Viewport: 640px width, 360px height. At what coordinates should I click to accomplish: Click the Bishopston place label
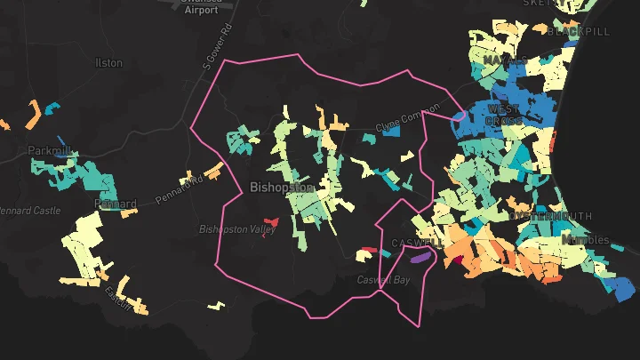[x=282, y=188]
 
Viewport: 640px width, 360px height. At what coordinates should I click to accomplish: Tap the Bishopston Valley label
[x=237, y=229]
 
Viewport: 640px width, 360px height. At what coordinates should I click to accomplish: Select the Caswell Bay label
[x=384, y=280]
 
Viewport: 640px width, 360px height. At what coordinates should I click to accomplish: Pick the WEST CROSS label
[x=503, y=115]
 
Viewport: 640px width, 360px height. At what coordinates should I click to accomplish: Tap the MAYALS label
[x=505, y=60]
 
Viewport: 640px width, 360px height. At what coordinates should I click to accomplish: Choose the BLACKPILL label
[x=580, y=31]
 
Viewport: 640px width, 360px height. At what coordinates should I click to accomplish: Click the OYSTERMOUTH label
[x=550, y=216]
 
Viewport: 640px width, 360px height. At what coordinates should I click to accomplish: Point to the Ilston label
[x=108, y=63]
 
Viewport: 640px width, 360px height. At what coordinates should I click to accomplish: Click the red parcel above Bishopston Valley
[x=271, y=221]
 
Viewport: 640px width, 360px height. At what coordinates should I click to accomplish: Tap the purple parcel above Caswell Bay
[x=420, y=257]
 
